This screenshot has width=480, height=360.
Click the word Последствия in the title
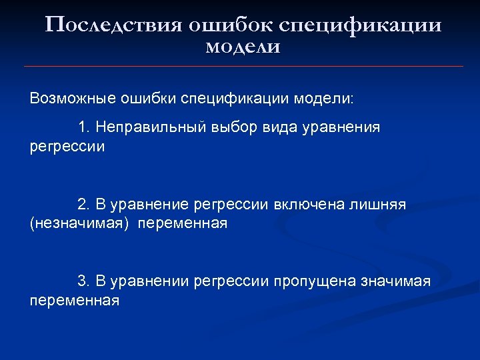pos(114,25)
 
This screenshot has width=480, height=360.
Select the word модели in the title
pos(243,47)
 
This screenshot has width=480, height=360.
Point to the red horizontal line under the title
pos(243,66)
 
